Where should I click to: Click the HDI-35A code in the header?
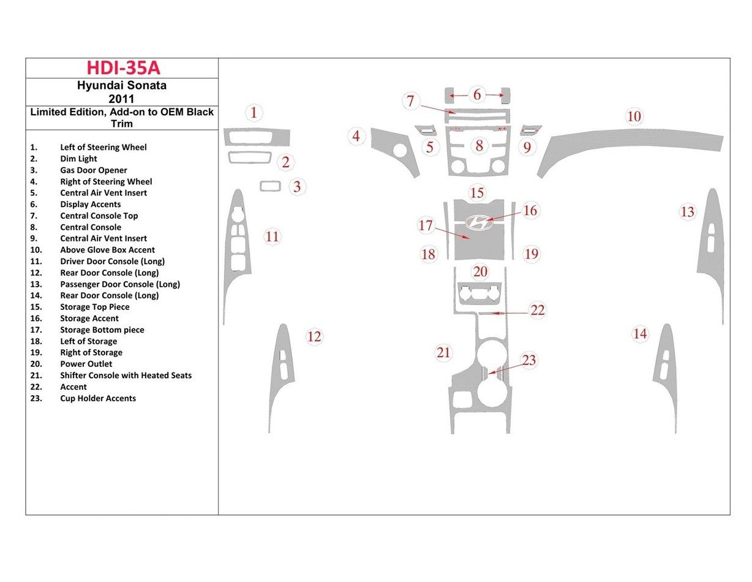coord(123,68)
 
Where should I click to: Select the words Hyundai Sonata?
coord(122,86)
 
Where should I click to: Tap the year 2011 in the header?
coord(122,98)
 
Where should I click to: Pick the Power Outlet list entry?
coord(86,364)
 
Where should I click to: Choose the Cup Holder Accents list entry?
coord(98,398)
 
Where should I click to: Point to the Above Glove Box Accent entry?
coord(107,250)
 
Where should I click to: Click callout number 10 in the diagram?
coord(634,116)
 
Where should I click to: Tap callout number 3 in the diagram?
coord(297,187)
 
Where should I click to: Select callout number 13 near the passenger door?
coord(688,212)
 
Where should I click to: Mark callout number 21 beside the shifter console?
coord(443,352)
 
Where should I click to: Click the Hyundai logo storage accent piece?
coord(479,222)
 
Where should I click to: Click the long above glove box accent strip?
coord(631,145)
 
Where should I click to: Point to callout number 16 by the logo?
coord(530,211)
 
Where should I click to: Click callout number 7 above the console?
coord(411,101)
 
